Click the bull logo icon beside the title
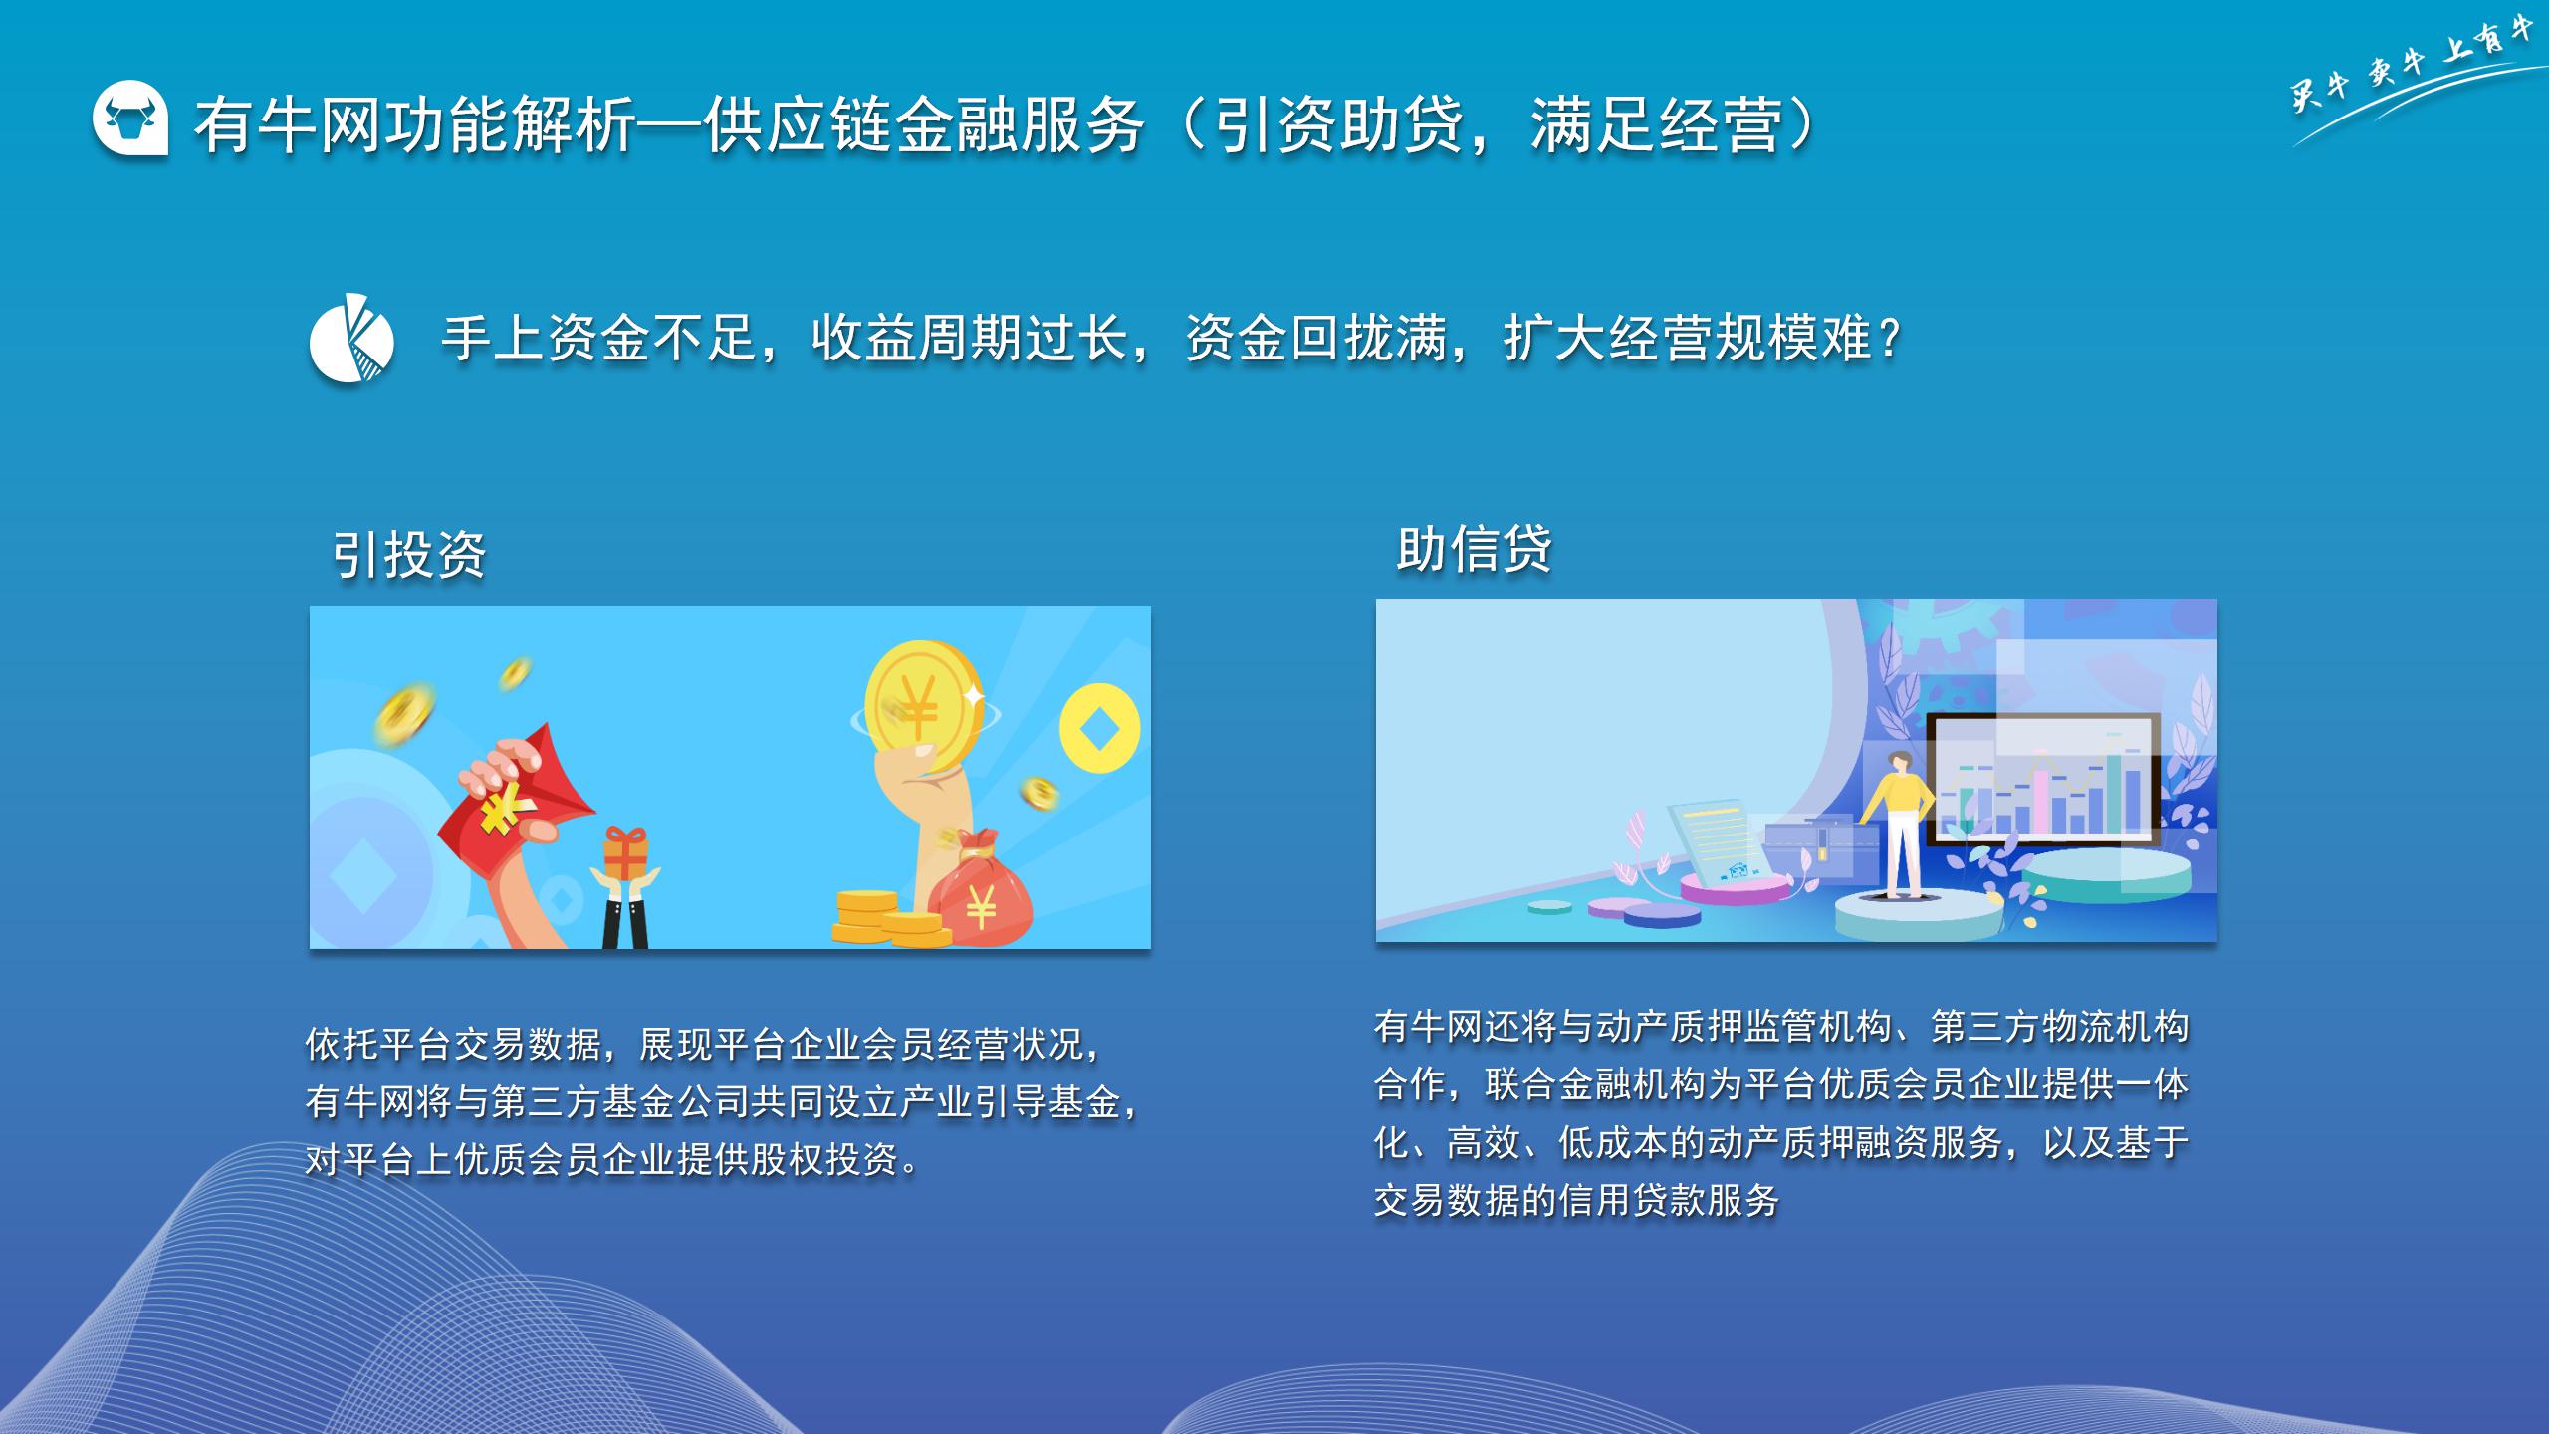[x=130, y=119]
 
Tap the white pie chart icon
[x=351, y=339]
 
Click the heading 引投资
[x=408, y=555]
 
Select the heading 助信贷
[x=1474, y=549]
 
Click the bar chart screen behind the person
[x=2044, y=779]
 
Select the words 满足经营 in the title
[x=1656, y=126]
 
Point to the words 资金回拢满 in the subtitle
[x=1316, y=339]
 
